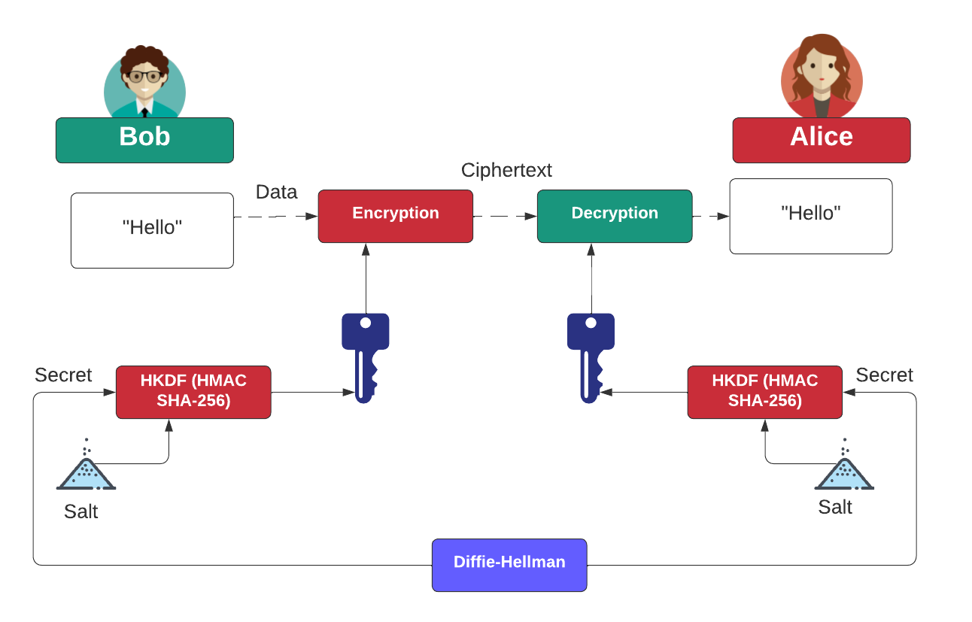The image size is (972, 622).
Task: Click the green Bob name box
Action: pyautogui.click(x=144, y=140)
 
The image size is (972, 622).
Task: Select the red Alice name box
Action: pyautogui.click(x=821, y=140)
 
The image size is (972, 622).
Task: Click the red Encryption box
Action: pyautogui.click(x=395, y=216)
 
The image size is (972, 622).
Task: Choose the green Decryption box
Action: pyautogui.click(x=614, y=216)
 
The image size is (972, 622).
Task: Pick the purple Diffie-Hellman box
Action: pyautogui.click(x=509, y=564)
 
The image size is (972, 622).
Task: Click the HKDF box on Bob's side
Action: pyautogui.click(x=193, y=392)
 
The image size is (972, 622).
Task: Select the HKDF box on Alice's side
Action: pyautogui.click(x=764, y=392)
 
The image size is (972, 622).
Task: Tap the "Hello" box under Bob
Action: pyautogui.click(x=152, y=230)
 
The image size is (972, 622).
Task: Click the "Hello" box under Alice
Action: pyautogui.click(x=810, y=216)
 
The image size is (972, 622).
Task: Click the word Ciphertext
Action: pyautogui.click(x=506, y=170)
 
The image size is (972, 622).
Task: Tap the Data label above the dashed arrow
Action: pyautogui.click(x=276, y=192)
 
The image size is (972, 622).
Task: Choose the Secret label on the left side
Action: pyautogui.click(x=63, y=375)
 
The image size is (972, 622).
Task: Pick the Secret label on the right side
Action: pyautogui.click(x=884, y=375)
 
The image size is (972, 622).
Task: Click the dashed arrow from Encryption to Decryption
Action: pyautogui.click(x=504, y=216)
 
